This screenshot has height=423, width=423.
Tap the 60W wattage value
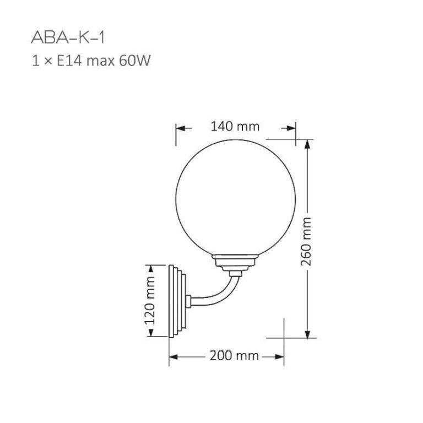point(135,61)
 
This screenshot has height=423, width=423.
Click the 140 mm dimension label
point(235,126)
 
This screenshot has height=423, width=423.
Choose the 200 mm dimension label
point(234,356)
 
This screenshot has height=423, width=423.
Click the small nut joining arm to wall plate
point(189,301)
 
